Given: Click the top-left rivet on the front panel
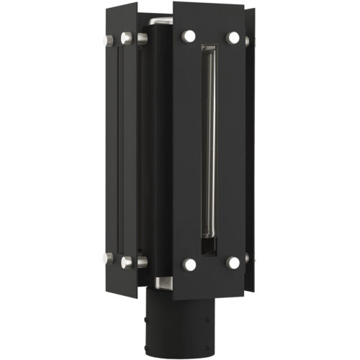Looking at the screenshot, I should click(189, 35).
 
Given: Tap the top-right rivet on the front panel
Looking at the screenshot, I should click(233, 36).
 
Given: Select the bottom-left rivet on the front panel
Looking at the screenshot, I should click(189, 265).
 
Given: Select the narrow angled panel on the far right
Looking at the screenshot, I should click(250, 144).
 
